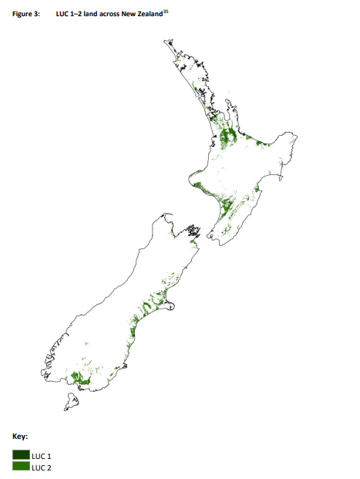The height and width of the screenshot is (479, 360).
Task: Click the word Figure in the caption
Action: [24, 15]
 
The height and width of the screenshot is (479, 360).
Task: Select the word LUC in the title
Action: [64, 15]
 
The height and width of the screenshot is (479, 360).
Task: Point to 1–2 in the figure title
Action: [80, 15]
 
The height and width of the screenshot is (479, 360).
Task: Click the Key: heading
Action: [21, 437]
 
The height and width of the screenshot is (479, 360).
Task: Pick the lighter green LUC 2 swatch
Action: [21, 467]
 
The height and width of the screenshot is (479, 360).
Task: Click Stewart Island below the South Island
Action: [72, 401]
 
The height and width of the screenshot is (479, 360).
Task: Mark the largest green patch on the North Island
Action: [228, 137]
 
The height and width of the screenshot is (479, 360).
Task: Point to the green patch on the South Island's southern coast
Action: [80, 378]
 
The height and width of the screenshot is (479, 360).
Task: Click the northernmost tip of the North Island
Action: [163, 40]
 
